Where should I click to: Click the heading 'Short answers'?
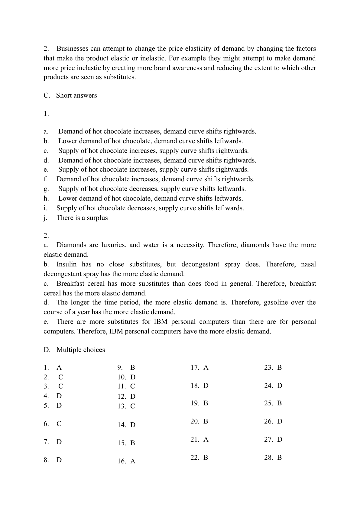[76, 95]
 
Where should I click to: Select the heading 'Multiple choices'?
[81, 350]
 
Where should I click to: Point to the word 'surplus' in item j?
[97, 218]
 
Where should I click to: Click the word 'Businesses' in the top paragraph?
[73, 49]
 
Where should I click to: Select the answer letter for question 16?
[133, 461]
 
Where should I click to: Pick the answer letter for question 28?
[279, 458]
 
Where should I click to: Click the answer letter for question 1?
[59, 368]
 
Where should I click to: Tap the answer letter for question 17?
[206, 368]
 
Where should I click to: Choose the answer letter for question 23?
[279, 368]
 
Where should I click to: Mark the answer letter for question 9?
[132, 368]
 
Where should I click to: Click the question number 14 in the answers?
[122, 425]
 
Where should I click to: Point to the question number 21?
[195, 440]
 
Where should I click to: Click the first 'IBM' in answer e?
[161, 322]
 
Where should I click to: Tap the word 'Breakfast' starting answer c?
[70, 284]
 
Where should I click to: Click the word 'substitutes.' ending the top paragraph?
[120, 77]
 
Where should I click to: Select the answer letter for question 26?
[280, 421]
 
